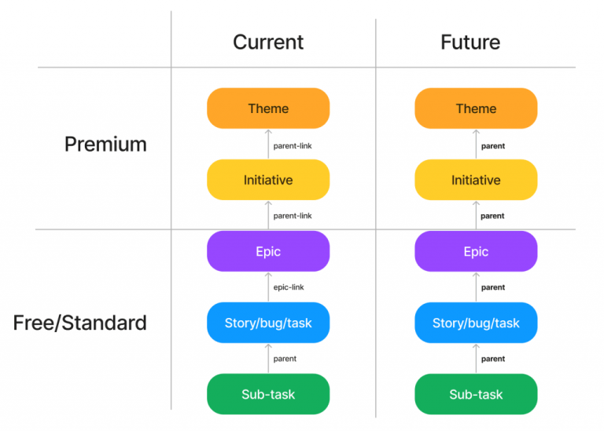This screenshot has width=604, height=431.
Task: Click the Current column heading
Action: (268, 42)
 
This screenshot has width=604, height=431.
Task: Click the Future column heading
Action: (470, 42)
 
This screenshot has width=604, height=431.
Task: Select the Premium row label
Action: (105, 144)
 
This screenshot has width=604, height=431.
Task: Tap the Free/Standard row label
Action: (80, 323)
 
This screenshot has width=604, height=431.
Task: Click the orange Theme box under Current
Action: (268, 108)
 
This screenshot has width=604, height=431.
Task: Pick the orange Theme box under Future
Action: (476, 108)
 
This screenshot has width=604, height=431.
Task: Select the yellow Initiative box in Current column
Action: (268, 180)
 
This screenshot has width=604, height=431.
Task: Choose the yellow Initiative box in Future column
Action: (476, 180)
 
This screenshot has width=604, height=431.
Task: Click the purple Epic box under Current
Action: (268, 252)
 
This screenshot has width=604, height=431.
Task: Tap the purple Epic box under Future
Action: (476, 252)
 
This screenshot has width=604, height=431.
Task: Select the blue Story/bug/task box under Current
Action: (268, 323)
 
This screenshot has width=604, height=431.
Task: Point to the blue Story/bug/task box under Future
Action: (476, 323)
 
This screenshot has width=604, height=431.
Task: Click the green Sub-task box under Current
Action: (268, 394)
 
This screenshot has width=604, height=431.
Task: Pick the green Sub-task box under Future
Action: (476, 394)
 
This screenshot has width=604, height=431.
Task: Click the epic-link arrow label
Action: (289, 287)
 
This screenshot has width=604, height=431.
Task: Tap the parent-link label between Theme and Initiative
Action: (293, 146)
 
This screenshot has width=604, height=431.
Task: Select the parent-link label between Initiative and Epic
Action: (293, 216)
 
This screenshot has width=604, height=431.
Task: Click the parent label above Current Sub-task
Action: (285, 359)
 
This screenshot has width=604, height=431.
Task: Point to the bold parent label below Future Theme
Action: (493, 146)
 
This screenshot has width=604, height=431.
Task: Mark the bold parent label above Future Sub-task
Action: (493, 359)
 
